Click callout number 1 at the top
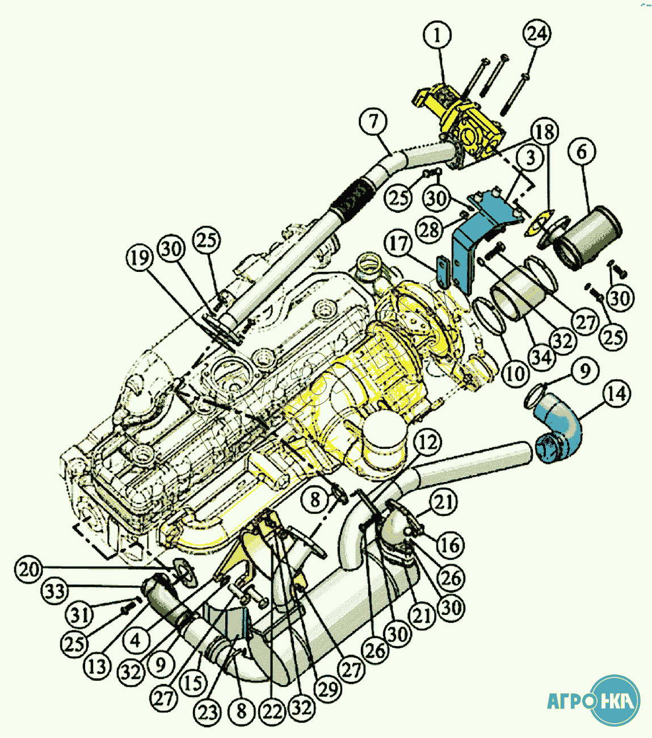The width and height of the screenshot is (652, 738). (x=437, y=35)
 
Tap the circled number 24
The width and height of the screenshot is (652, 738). (x=537, y=33)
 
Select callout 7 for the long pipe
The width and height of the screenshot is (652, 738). (x=373, y=121)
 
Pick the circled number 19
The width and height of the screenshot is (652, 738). (x=140, y=258)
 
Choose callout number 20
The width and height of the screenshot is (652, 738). (x=29, y=569)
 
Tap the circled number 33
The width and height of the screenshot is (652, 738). (x=56, y=592)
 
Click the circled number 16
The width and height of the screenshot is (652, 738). (x=450, y=545)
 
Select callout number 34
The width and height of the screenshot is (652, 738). (x=541, y=357)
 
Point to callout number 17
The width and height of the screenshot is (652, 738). (x=398, y=244)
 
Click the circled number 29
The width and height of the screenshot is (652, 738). (x=327, y=690)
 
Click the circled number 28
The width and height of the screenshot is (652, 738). (x=430, y=229)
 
